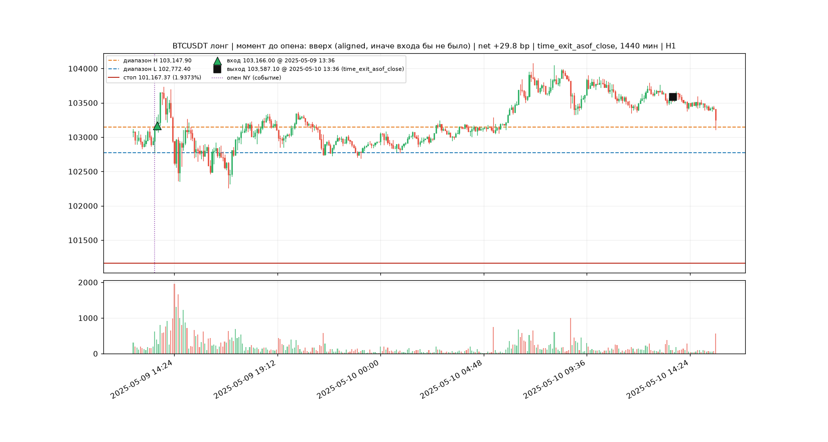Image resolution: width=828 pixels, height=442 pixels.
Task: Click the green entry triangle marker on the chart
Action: coord(157,126)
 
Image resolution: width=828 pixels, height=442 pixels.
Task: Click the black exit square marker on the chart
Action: coord(673,97)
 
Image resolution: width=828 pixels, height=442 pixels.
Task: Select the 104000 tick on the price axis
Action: coord(83,69)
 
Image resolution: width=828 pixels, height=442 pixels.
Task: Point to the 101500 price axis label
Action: coord(83,241)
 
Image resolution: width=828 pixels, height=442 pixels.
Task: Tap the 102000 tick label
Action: coord(83,206)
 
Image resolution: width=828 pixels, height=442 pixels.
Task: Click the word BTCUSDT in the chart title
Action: coord(190,46)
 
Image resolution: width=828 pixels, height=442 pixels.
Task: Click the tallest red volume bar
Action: coord(175,319)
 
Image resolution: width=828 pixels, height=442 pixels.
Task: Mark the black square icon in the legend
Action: coord(217,69)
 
